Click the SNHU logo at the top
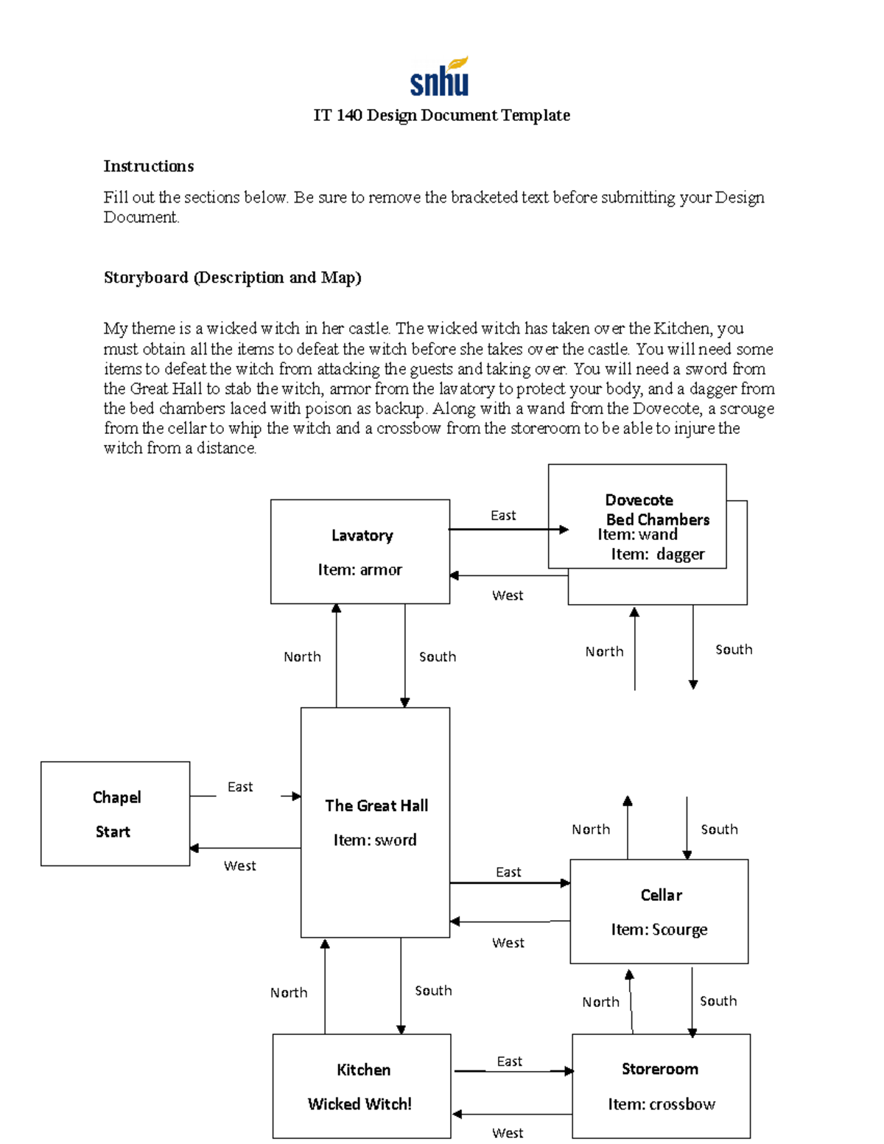pos(439,77)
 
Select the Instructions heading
pos(148,166)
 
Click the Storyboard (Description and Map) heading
pos(232,278)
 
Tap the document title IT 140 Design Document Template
pos(441,116)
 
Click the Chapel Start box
pos(115,813)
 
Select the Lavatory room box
pos(360,552)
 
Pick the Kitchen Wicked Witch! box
pos(361,1086)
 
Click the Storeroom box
pos(661,1086)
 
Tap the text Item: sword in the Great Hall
pos(374,840)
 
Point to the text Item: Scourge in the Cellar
pos(659,930)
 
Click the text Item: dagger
pos(657,554)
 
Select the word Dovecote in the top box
pos(639,500)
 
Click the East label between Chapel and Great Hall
pos(240,787)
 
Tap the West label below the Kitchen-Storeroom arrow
pos(508,1133)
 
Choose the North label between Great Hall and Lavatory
pos(302,656)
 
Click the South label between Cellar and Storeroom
pos(718,1000)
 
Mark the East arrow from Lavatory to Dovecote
pos(508,529)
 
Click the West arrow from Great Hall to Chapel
pos(245,849)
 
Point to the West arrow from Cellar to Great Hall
pos(510,922)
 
